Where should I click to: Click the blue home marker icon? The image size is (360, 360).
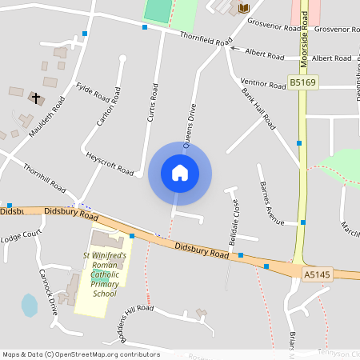click(x=180, y=173)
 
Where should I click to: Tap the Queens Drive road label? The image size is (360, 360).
click(x=190, y=126)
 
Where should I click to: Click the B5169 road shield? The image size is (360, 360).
click(x=302, y=82)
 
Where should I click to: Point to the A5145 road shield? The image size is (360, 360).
click(x=316, y=274)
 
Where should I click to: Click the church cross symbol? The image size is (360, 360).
click(x=34, y=98)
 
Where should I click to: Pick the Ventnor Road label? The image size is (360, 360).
click(x=262, y=84)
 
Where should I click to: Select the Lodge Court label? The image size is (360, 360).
click(x=21, y=237)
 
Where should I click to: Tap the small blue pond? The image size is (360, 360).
click(x=30, y=305)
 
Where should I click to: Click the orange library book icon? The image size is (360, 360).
click(x=244, y=8)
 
